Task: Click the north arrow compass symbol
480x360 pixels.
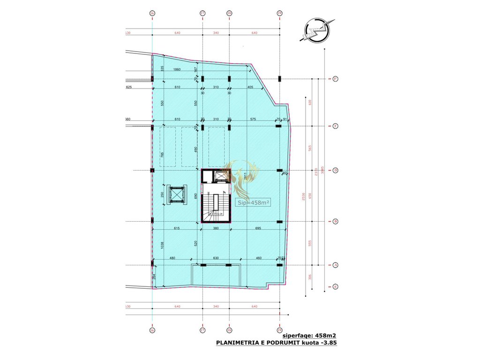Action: click(x=317, y=31)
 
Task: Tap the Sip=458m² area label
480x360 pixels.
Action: click(x=254, y=202)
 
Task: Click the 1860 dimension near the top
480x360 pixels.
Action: click(x=177, y=70)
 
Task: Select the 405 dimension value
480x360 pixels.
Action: click(x=250, y=88)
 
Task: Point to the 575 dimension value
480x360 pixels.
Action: click(x=253, y=120)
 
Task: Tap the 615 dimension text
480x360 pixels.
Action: click(x=176, y=228)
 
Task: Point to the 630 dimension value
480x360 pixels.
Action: click(x=216, y=258)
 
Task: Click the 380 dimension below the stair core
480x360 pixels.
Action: click(x=216, y=228)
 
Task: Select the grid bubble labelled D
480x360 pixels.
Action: click(x=336, y=171)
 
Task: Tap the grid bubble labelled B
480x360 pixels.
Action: click(x=336, y=222)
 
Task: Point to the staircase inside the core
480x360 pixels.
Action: click(x=215, y=202)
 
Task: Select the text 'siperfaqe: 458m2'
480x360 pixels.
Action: click(x=309, y=336)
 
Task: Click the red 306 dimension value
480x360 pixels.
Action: click(x=310, y=277)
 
